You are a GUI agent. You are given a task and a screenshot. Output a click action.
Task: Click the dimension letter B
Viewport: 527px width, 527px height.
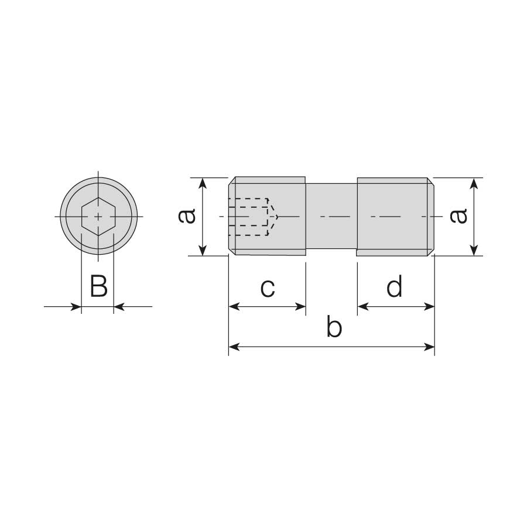tap(99, 286)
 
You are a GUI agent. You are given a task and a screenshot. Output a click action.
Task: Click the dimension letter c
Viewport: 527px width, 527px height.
tap(268, 288)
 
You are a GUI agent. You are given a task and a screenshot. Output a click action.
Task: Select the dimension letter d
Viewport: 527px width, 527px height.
tap(394, 286)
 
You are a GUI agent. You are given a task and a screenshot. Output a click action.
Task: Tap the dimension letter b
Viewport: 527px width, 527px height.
tap(334, 326)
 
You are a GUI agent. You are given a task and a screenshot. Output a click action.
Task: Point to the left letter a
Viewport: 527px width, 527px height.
tap(187, 216)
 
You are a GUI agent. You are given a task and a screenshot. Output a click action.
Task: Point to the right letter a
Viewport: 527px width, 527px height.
tap(458, 216)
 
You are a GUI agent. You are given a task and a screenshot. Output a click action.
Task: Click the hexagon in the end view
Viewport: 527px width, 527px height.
tap(98, 217)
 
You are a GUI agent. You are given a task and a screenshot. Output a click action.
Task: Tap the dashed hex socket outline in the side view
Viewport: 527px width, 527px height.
tap(253, 217)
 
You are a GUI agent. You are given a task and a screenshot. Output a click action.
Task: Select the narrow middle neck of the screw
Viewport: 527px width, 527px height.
tap(331, 217)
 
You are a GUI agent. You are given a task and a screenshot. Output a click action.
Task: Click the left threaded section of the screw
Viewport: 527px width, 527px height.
tap(267, 217)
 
